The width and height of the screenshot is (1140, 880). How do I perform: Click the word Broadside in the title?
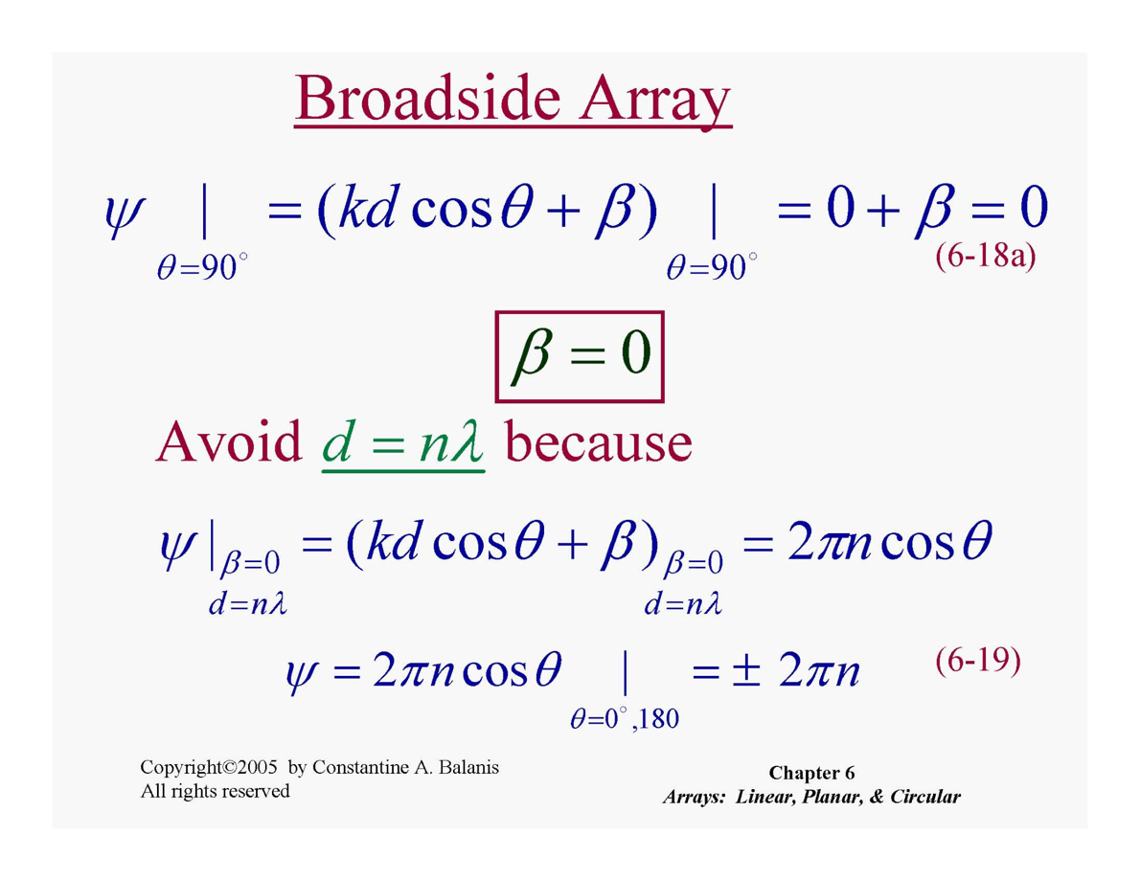tap(428, 99)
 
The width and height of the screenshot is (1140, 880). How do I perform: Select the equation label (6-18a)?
tap(985, 256)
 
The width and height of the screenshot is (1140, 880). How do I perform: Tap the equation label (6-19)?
tap(978, 661)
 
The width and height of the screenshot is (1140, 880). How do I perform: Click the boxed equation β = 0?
tap(580, 356)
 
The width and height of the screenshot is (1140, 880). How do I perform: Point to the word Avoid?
tap(228, 441)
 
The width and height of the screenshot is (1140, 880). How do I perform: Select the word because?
tap(598, 441)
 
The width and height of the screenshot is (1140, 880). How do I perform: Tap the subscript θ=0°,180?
tap(625, 718)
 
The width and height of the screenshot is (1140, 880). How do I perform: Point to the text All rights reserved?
tap(216, 791)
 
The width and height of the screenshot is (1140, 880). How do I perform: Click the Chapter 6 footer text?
tap(811, 773)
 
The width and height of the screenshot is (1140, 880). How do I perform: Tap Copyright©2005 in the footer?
tap(209, 767)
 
